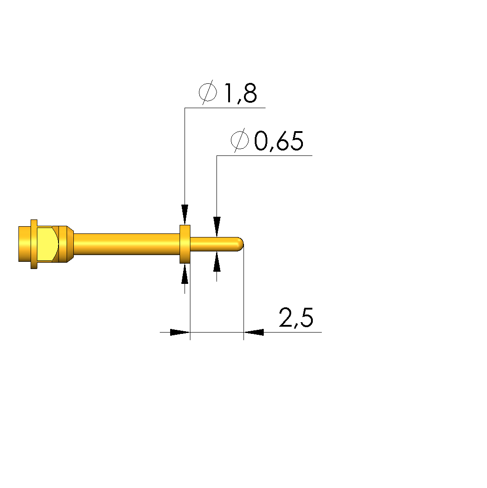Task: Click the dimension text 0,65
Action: coord(279,141)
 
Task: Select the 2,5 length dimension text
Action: coord(296,318)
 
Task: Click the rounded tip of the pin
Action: coord(240,244)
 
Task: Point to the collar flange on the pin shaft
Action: coord(185,244)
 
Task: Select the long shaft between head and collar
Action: coord(126,244)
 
